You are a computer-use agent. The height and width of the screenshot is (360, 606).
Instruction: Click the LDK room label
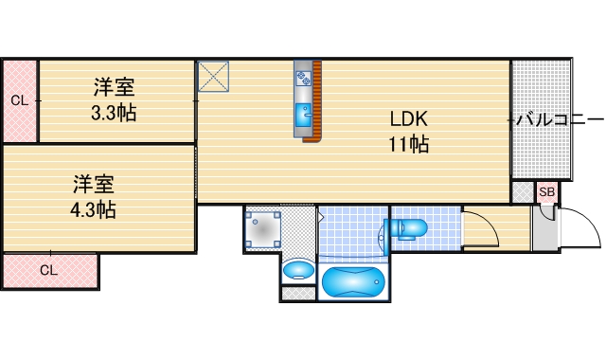point(408,119)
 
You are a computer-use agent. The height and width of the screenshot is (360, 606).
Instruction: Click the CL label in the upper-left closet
point(19,100)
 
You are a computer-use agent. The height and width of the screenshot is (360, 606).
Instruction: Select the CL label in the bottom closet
point(48,270)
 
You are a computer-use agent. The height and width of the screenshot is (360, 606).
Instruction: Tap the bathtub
point(351,282)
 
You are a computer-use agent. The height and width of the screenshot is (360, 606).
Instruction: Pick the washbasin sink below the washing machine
point(298,270)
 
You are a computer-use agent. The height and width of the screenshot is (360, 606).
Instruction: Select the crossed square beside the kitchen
point(213,77)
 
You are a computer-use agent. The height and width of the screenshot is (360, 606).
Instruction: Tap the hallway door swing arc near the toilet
point(481,227)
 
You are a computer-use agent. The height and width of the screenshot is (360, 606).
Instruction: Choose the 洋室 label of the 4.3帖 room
point(94,182)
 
